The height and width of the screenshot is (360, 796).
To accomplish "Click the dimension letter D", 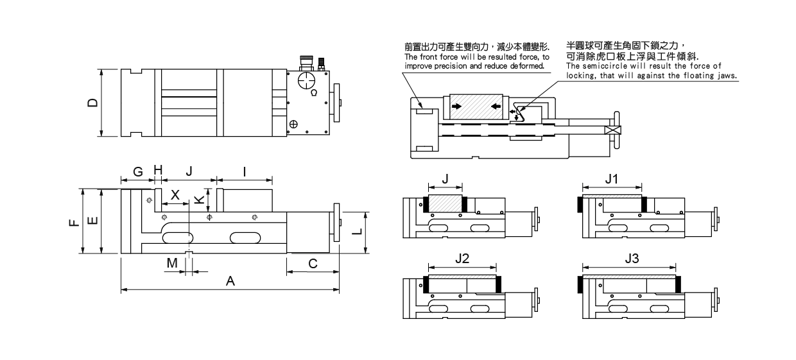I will pos(92,103).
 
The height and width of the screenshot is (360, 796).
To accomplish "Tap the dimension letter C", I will pos(313,263).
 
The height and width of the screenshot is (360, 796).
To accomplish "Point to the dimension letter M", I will pos(171,263).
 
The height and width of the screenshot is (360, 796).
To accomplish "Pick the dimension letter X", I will pos(175,194).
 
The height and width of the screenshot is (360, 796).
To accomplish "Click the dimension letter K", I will pos(199,200).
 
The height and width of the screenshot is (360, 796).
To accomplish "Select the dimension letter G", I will pos(137,172).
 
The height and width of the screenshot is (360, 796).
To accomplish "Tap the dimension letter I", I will pos(245,172).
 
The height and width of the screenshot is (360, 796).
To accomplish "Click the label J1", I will pos(612,180).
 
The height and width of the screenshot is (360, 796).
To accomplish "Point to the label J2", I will pos(462,259).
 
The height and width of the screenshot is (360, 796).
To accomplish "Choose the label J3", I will pos(632,259).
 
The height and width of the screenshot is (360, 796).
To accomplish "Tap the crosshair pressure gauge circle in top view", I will pos(307,81).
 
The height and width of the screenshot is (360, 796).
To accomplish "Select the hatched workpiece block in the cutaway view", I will pos(476,107).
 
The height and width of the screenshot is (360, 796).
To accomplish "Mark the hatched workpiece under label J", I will pos(446,203).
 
